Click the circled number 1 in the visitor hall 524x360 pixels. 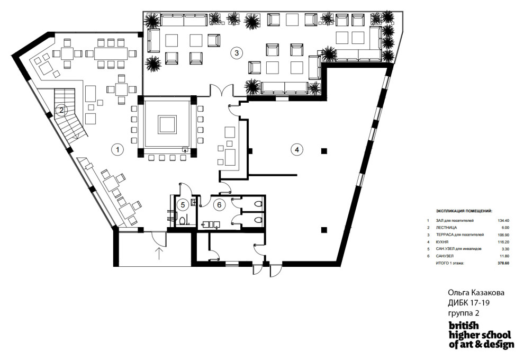[118, 149]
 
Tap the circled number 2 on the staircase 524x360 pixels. [61, 109]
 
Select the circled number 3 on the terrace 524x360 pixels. [236, 53]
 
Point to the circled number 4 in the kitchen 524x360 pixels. [297, 149]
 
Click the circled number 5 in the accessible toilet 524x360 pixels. [183, 204]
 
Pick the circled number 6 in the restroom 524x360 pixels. [219, 204]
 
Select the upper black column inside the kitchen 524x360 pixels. [323, 151]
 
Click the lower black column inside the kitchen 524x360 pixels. [323, 230]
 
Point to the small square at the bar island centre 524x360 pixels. [167, 125]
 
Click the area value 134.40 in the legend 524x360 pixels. [503, 221]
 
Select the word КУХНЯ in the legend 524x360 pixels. [442, 241]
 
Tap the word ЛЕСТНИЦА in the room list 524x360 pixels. [446, 228]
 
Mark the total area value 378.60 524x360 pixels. [503, 263]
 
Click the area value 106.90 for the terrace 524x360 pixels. [503, 235]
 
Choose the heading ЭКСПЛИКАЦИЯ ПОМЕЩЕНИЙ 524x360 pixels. [464, 211]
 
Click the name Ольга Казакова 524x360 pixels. [476, 293]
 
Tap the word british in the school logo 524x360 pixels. [464, 326]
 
